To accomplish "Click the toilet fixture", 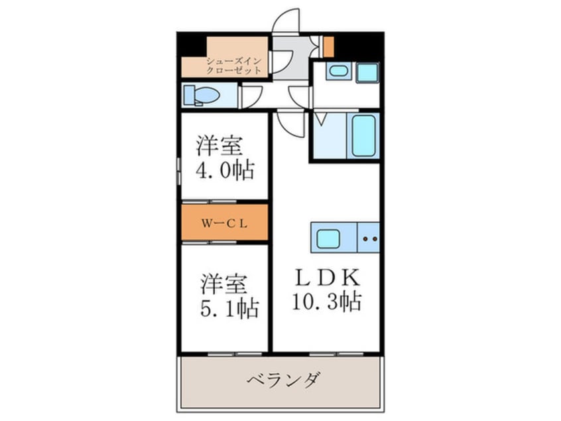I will [x=200, y=96].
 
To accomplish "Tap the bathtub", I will [x=363, y=136].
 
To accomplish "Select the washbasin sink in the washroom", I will [x=338, y=72].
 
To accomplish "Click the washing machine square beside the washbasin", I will [x=366, y=72].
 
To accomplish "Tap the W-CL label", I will [x=224, y=223].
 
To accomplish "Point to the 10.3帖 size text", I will [x=326, y=303].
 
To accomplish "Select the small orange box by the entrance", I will [x=328, y=46].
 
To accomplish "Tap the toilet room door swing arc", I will [x=253, y=97].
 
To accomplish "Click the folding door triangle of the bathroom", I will [x=320, y=120].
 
